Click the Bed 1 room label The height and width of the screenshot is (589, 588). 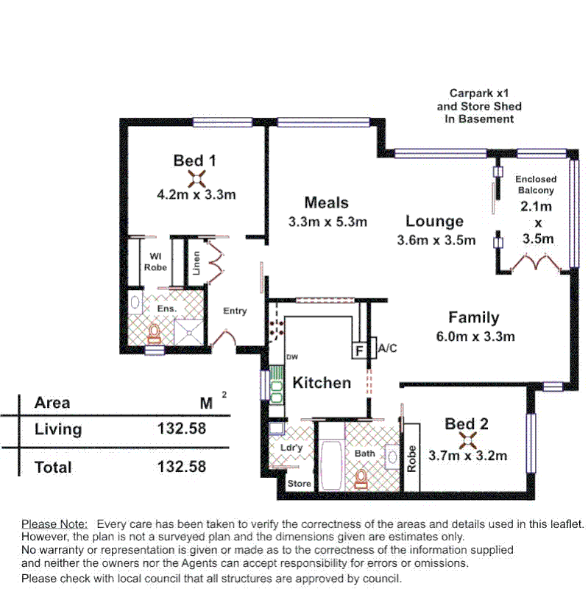click(194, 160)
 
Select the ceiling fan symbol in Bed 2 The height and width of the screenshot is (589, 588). click(466, 440)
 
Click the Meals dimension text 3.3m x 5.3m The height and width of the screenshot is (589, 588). click(327, 221)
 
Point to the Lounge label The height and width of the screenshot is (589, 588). click(434, 221)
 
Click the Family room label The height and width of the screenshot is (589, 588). click(474, 318)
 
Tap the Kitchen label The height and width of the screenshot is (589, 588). click(322, 383)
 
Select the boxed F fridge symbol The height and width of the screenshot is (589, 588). click(359, 350)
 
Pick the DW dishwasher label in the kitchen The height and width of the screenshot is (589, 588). click(292, 358)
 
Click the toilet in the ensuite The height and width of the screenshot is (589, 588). click(154, 334)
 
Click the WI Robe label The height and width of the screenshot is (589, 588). click(155, 262)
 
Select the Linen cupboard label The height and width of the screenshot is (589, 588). click(196, 263)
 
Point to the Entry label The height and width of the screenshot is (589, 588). click(235, 311)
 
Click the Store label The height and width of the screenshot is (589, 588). click(299, 484)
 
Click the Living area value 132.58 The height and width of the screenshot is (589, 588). click(182, 428)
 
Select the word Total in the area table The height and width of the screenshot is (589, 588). click(54, 467)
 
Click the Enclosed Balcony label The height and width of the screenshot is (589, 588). click(536, 185)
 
